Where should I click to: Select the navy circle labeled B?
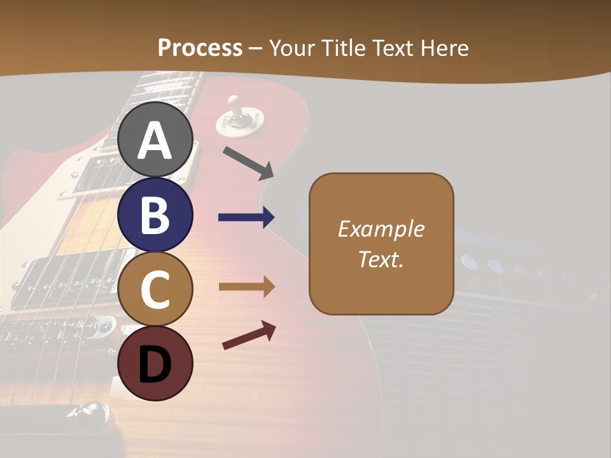pos(155,215)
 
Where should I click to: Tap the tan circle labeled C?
pos(155,289)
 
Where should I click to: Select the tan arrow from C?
pos(246,287)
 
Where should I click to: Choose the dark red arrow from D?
pos(249,335)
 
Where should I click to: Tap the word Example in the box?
pos(381,229)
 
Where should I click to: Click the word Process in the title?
pos(200,48)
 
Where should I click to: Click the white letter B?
pos(155,215)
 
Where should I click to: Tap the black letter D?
pos(155,364)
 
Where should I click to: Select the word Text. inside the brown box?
pos(381,259)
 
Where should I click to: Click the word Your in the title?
pos(293,48)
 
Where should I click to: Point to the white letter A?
pos(155,141)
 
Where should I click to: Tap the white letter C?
pos(155,289)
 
